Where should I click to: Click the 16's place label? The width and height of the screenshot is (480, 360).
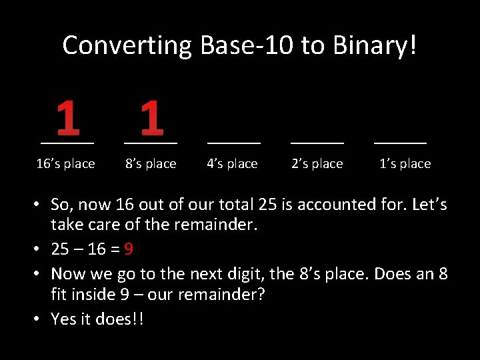click(65, 163)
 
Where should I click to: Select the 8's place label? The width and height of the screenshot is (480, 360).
click(151, 163)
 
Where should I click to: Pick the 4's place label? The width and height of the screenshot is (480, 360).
click(232, 163)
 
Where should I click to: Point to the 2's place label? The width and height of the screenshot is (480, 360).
click(317, 163)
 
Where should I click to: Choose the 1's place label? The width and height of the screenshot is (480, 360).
click(405, 163)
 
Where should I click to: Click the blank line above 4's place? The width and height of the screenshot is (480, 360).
click(234, 143)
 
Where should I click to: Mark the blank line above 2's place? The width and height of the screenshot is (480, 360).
click(317, 143)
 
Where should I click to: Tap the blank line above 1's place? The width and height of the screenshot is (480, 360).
click(400, 143)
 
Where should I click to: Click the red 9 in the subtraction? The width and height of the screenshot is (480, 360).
click(129, 249)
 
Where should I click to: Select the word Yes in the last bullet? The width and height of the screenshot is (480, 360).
click(64, 319)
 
